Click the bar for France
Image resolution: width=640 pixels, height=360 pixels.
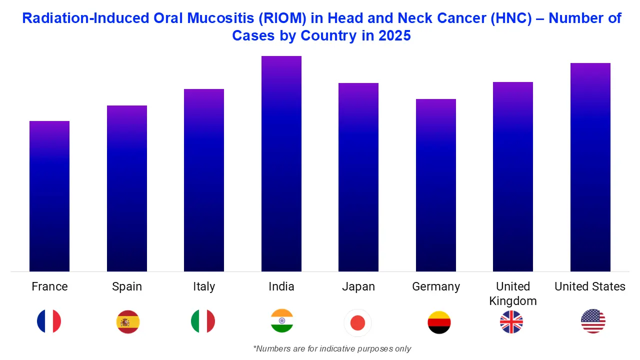[x=49, y=196]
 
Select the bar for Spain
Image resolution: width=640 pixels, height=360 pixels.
[x=127, y=188]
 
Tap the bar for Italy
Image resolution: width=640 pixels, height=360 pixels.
[x=204, y=180]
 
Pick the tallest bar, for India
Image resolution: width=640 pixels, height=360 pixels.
[x=281, y=163]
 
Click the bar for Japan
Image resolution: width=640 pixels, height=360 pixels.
[x=358, y=177]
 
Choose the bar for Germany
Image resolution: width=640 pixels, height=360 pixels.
[x=436, y=185]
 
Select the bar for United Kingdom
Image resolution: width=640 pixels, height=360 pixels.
[x=513, y=176]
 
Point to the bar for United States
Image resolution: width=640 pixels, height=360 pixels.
[x=590, y=167]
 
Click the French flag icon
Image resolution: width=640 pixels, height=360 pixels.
[x=49, y=321]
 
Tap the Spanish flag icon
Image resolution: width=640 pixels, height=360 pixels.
[x=128, y=321]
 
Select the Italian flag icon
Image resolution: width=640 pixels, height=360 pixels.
[x=203, y=321]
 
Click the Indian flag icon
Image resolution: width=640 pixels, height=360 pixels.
[x=282, y=321]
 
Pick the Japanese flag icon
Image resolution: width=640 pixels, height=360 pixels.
[x=358, y=323]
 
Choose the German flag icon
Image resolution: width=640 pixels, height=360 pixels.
[x=439, y=322]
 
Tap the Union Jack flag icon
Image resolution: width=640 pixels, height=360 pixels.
[x=511, y=321]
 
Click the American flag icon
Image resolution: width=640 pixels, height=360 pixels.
[x=593, y=321]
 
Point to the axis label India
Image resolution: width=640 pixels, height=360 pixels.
[x=281, y=286]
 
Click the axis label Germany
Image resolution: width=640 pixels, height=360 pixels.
[x=436, y=287]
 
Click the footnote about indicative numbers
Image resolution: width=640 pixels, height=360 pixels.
[x=332, y=348]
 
